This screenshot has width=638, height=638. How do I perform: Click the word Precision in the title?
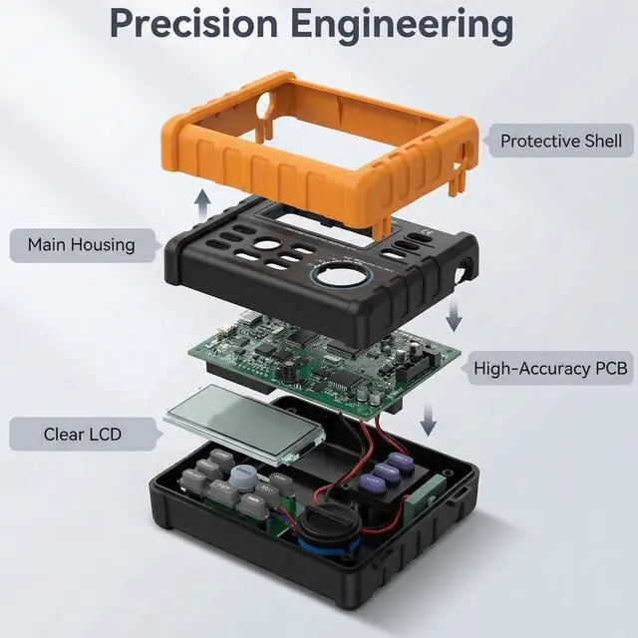193,23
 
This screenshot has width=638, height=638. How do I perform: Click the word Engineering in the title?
402,25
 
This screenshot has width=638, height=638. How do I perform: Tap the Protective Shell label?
560,141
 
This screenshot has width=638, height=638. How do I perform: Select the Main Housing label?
82,245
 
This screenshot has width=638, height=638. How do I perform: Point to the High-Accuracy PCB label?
550,368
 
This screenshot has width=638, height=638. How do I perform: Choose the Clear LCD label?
83,435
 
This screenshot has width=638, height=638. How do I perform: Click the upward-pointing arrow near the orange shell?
201,204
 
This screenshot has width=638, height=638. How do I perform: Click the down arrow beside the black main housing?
454,316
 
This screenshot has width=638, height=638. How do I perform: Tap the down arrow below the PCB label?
428,420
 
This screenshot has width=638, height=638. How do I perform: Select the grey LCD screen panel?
244,424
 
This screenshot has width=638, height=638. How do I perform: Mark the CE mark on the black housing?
427,232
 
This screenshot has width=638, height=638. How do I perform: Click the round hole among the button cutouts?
266,244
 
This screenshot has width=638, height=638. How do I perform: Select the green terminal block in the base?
425,495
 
